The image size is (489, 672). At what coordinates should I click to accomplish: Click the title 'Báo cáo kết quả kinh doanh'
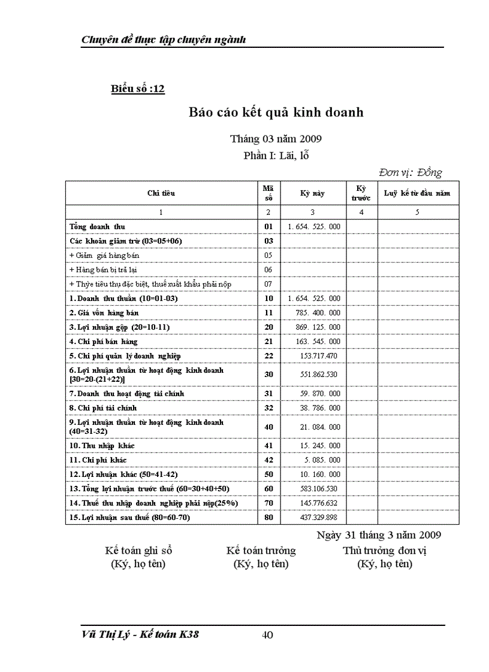click(x=276, y=112)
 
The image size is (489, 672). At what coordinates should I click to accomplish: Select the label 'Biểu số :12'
click(x=138, y=89)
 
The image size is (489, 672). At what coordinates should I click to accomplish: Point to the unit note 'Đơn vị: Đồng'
click(x=410, y=173)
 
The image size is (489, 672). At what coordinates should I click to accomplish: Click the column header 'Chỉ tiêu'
click(x=161, y=193)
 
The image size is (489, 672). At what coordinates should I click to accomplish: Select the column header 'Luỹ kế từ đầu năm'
click(x=417, y=193)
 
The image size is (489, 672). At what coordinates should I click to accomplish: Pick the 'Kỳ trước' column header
click(x=361, y=193)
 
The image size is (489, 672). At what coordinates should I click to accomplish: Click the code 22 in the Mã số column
click(x=268, y=356)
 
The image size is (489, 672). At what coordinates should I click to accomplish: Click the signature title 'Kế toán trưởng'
click(x=261, y=551)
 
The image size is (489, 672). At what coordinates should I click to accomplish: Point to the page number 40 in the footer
click(x=268, y=635)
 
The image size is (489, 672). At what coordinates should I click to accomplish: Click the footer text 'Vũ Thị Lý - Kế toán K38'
click(x=140, y=635)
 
